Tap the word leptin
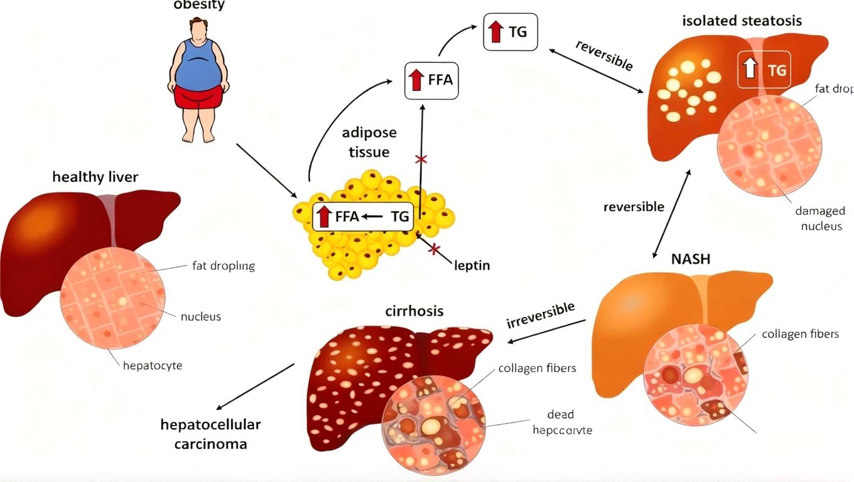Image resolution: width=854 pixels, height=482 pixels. coord(471,265)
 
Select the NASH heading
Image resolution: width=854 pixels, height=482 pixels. coord(691,259)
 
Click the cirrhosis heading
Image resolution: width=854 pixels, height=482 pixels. coord(414,311)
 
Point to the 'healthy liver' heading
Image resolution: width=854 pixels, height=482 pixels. coord(95,177)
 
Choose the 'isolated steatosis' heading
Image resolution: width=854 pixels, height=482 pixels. coord(742,21)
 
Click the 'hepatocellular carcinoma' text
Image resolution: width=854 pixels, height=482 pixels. coord(210,434)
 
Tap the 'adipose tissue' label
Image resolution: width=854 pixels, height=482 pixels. coord(369,142)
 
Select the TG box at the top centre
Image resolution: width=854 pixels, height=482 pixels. coord(511,32)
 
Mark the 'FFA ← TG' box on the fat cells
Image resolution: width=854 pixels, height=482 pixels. coord(363,217)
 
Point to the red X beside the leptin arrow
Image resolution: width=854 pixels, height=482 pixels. coord(433,249)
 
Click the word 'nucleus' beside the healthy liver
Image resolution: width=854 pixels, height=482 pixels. coord(201,316)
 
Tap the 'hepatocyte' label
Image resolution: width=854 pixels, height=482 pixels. coord(153,365)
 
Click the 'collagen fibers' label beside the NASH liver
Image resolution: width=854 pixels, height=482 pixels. coord(800,334)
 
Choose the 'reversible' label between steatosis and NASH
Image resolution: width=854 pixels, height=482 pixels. coord(634,206)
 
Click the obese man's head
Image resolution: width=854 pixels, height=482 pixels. coord(199,29)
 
